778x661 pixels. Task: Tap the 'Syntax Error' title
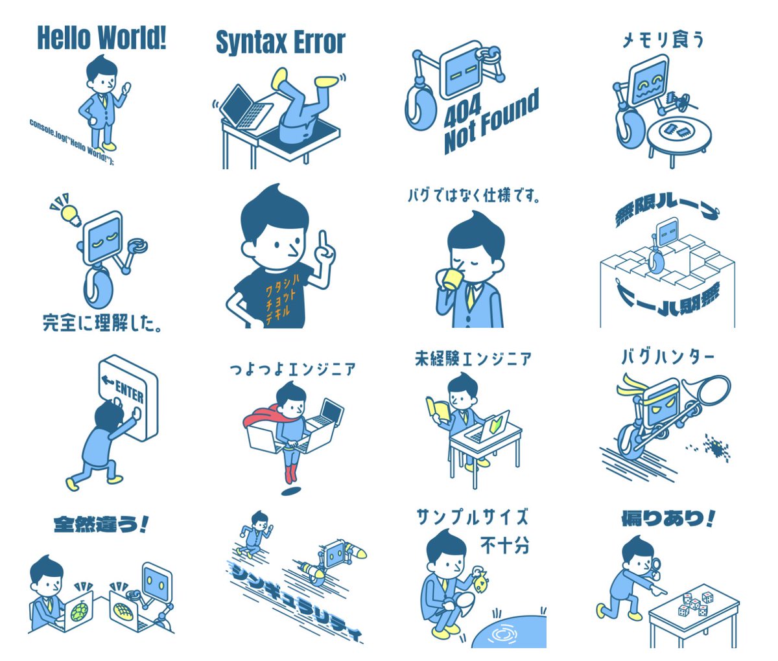pos(280,43)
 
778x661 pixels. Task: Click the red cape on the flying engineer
pos(259,414)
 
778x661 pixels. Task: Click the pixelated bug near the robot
pos(716,447)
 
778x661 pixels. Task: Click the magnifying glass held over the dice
pos(659,566)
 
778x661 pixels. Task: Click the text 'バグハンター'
pos(668,357)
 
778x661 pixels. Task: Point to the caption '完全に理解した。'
pos(102,322)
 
